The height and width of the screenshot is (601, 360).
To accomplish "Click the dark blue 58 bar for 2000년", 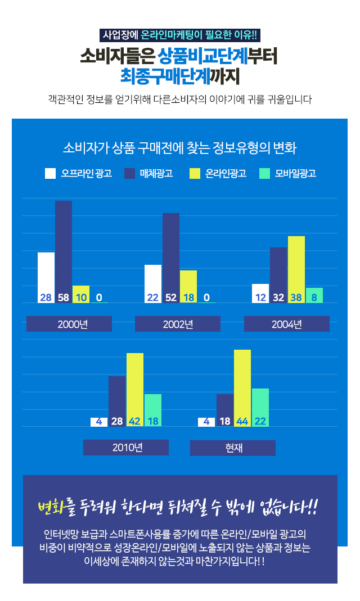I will (63, 247).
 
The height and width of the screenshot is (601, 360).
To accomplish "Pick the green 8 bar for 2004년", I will (314, 295).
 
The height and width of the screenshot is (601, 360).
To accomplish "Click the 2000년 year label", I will (69, 324).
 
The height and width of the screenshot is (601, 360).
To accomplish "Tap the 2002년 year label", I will (178, 324).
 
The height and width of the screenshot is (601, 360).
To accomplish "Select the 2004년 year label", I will (286, 324).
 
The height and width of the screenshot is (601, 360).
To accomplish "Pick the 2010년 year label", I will (126, 448).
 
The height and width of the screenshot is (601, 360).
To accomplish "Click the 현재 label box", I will (233, 448).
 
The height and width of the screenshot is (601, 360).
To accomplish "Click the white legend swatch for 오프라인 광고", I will (50, 173).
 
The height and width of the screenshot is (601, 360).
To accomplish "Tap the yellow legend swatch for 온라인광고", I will (195, 173).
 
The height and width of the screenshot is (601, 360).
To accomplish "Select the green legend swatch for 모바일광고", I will (265, 173).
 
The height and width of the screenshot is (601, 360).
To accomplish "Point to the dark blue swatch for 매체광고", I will (129, 173).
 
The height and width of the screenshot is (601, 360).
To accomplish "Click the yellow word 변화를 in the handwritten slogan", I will (52, 508).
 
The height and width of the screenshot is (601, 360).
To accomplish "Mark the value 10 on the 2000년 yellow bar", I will (80, 297).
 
